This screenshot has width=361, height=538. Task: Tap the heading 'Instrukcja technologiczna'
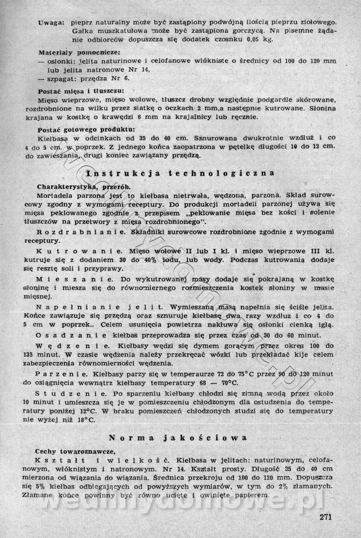(180, 173)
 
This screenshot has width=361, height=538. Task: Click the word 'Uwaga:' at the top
(51, 22)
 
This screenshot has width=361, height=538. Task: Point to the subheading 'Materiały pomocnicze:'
(72, 52)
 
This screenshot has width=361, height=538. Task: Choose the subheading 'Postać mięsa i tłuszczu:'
(74, 90)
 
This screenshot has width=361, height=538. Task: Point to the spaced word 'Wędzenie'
(72, 346)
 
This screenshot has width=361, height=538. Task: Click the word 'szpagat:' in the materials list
(60, 78)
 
